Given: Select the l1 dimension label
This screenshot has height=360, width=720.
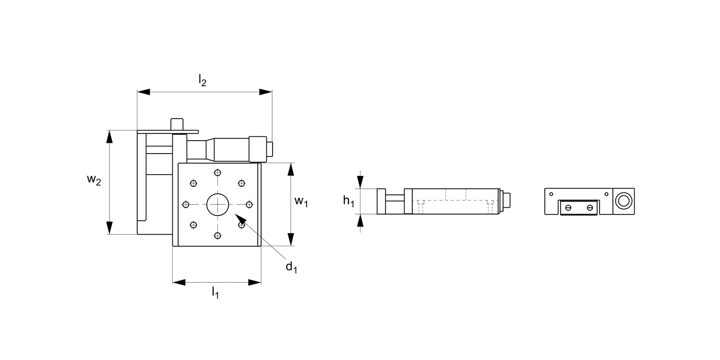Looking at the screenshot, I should [x=216, y=292].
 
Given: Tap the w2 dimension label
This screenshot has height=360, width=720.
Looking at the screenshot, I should [x=94, y=180].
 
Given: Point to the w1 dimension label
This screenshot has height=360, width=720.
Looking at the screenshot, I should [x=301, y=201].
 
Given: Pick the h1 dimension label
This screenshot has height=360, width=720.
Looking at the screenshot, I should [x=348, y=202].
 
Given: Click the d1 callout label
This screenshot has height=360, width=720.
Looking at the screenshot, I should [x=291, y=267].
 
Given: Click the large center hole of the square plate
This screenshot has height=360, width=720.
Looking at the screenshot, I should [x=218, y=204].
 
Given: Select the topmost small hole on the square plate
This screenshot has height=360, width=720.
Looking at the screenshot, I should [x=218, y=173].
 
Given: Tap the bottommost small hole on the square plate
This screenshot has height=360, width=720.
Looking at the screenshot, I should [x=218, y=235].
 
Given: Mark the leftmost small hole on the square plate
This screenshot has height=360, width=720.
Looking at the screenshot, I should [x=186, y=204].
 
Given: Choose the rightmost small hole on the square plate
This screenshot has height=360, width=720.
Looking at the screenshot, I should [x=249, y=204].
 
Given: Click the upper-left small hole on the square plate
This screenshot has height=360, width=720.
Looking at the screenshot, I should [x=194, y=183].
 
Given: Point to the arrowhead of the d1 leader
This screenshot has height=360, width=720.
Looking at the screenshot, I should [x=240, y=222].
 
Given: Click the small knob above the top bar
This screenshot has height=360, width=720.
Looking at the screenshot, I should [x=177, y=123].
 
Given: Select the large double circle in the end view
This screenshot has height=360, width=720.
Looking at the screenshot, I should [x=623, y=201].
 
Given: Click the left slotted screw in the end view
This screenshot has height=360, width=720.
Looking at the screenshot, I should [x=569, y=208].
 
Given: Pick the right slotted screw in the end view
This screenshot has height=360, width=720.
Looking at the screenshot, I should [x=590, y=208].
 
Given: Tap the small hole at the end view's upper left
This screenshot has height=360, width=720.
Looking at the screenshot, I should [x=551, y=194].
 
